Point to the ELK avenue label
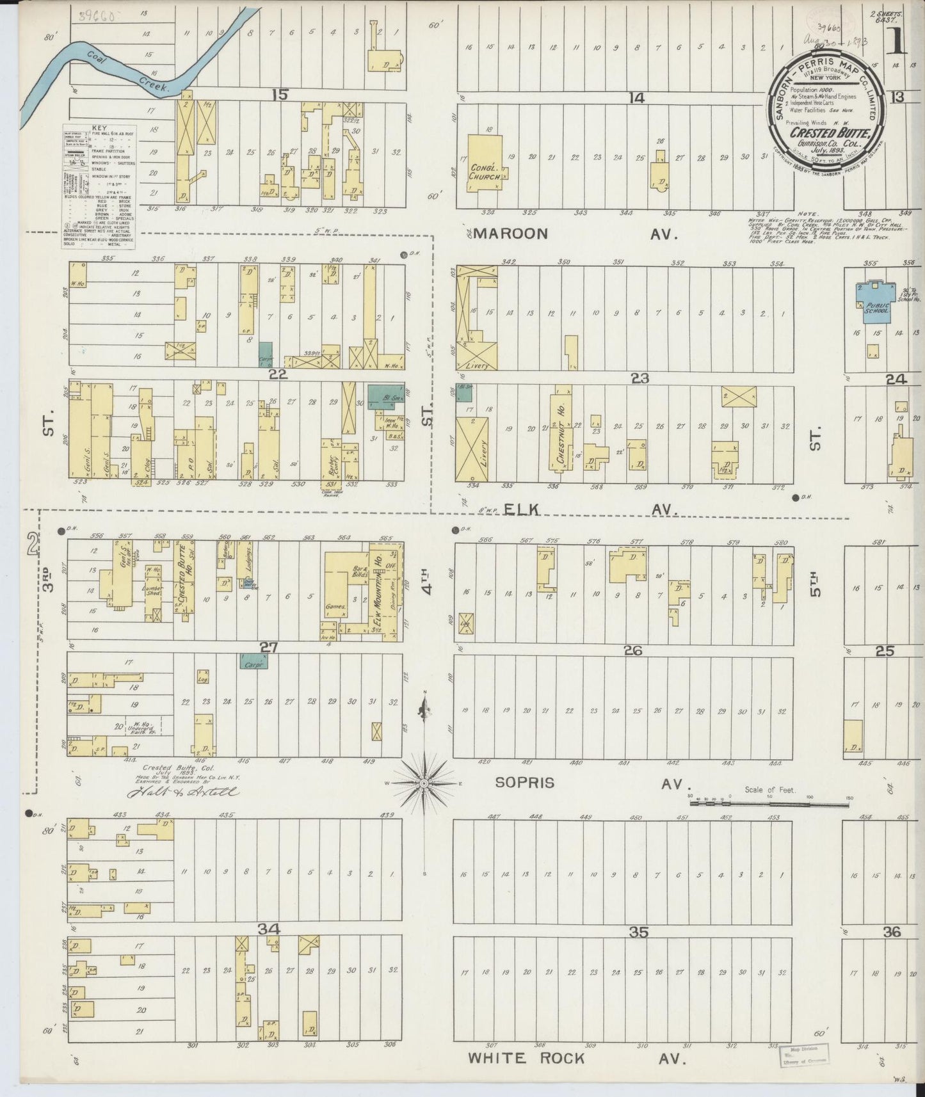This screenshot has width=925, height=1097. [x=522, y=509]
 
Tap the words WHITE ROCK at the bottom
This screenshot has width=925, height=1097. [x=526, y=1058]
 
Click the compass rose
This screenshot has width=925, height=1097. [x=424, y=783]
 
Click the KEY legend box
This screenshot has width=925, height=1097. [x=99, y=186]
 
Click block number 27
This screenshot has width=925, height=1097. [x=268, y=648]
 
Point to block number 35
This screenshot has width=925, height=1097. [x=638, y=933]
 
